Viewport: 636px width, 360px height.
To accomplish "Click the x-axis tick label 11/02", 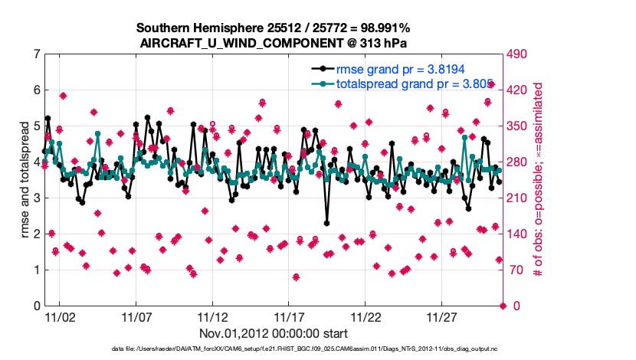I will coord(60,317).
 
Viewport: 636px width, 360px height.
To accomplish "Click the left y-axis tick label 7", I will coord(37,54).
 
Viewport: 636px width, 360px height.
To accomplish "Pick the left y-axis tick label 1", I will coord(37,270).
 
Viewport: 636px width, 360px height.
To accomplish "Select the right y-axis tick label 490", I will coord(520,54).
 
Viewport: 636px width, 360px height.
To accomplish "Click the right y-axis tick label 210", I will coord(520,198).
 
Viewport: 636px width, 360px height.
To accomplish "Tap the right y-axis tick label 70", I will coord(517,270).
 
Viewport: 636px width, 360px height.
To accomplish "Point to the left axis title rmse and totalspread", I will coord(24,180).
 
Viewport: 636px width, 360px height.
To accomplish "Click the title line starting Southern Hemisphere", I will coord(274,28).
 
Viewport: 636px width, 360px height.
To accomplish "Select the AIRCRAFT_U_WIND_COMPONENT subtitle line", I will coord(274,43).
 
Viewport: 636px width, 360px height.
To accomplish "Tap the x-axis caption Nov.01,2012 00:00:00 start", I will coord(274,333).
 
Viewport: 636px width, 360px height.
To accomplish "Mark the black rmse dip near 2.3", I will coord(326,223).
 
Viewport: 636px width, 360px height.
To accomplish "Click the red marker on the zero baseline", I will coord(503,306).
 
